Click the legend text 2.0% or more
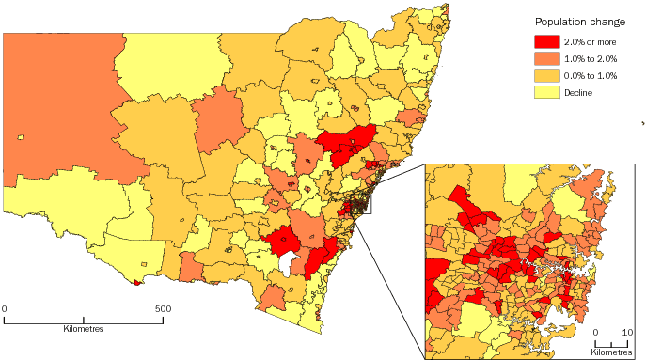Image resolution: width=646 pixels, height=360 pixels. [x=590, y=42]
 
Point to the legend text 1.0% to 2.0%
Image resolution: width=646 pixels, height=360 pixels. [x=590, y=58]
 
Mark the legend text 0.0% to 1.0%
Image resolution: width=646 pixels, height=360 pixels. [x=590, y=75]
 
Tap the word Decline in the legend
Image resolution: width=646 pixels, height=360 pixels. [x=578, y=91]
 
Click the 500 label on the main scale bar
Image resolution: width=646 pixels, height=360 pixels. [x=163, y=307]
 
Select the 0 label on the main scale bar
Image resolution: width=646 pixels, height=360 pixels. [x=5, y=307]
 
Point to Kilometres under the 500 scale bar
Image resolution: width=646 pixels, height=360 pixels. [x=84, y=329]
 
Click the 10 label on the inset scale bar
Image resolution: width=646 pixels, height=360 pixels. [x=627, y=333]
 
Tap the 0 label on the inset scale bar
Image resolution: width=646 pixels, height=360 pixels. [x=596, y=333]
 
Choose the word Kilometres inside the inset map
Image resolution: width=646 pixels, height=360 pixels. [x=611, y=352]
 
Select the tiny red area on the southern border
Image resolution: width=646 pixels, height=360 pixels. [x=138, y=280]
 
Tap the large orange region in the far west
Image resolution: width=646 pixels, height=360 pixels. [x=56, y=103]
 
